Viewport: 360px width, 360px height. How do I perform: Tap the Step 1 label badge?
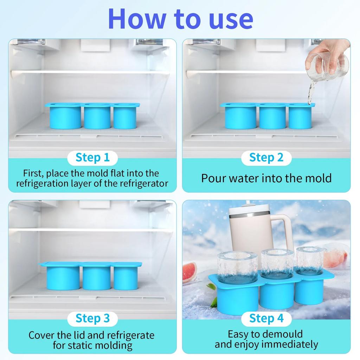point(92,158)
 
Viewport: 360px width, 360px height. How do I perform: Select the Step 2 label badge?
point(266,158)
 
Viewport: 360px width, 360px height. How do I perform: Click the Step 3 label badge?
point(92,319)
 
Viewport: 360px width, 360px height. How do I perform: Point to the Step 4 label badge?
point(266,319)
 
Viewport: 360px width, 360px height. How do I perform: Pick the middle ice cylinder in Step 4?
point(277,264)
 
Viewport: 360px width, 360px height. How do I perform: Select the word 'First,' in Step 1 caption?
point(33,173)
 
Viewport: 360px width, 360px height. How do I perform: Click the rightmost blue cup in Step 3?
point(126,277)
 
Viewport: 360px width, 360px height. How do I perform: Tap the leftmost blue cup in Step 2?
point(240,117)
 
